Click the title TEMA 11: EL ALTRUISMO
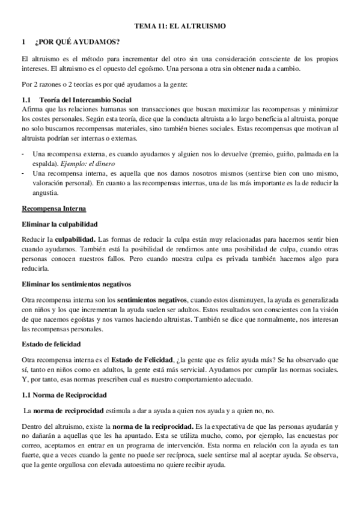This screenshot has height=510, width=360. click(x=180, y=26)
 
